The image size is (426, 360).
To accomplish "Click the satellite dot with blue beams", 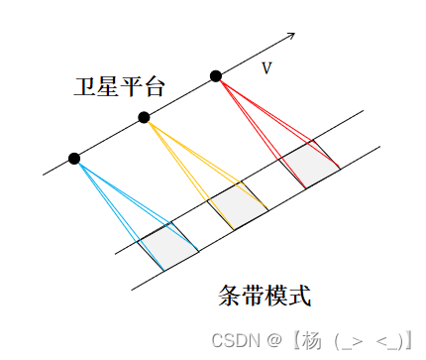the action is (x=74, y=158).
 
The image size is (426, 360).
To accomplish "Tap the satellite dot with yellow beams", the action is (x=144, y=117).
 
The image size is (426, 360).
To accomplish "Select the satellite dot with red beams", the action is (x=216, y=75).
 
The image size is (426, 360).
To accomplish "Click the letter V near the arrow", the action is (x=266, y=67).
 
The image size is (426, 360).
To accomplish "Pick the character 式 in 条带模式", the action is (x=298, y=296).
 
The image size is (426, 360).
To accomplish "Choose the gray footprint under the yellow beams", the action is (x=235, y=205).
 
